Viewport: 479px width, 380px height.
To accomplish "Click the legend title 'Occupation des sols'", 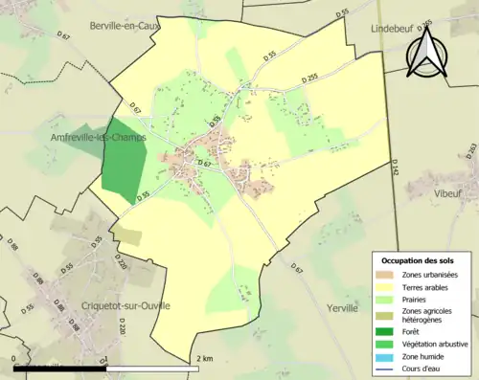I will pyautogui.click(x=419, y=260).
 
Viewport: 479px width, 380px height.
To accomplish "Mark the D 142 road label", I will pyautogui.click(x=396, y=169).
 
